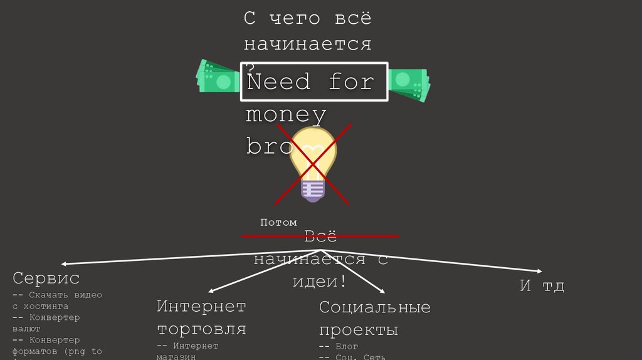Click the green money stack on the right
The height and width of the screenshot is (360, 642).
409,83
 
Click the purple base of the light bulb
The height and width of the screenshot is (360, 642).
312,190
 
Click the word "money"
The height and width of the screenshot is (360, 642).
286,115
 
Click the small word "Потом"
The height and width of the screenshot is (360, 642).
278,222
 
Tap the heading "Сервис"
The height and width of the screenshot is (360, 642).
46,277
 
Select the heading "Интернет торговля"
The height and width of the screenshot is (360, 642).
201,317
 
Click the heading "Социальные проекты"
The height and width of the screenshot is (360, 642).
374,319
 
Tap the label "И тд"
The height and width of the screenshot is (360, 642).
542,286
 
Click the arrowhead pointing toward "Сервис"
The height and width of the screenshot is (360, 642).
65,265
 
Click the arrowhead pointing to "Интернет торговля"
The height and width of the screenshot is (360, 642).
212,291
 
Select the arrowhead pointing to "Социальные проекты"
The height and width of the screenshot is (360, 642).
381,291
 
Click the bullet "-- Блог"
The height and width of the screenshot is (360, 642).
339,346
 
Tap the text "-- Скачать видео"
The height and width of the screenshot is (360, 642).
57,295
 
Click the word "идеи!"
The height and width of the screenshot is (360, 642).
320,281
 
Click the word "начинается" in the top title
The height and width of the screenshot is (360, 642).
307,44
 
